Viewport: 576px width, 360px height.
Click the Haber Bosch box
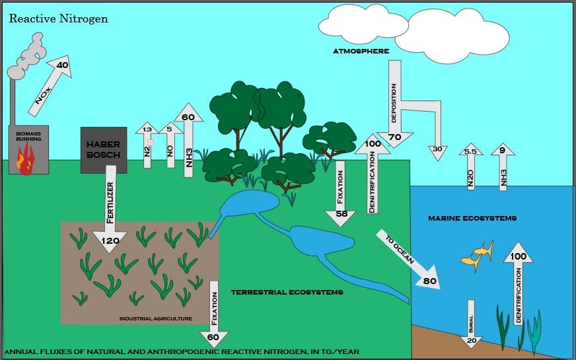coord(103,150)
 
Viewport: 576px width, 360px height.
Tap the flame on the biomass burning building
coord(26,161)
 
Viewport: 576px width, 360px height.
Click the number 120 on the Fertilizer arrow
coord(110,240)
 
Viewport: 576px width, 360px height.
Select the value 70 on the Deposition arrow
coord(395,137)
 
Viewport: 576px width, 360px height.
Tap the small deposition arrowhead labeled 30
coord(437,149)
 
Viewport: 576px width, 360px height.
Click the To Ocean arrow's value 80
coord(430,281)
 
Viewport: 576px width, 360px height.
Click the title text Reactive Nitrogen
coord(58,18)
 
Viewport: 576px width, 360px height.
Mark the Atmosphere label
coord(361,51)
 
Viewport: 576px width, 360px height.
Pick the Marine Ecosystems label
coord(472,218)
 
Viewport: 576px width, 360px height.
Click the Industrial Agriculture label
coord(155,318)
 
